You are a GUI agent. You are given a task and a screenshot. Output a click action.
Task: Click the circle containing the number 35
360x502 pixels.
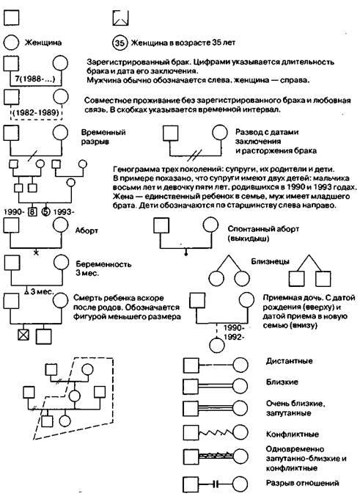(120, 43)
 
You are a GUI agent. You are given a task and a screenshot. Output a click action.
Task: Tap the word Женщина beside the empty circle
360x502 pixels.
(43, 43)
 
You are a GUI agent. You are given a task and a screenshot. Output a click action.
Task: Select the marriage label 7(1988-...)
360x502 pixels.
(35, 79)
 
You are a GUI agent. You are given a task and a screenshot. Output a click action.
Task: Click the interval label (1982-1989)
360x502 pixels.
(36, 112)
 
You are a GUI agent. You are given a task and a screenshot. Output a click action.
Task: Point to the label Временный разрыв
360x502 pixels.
(103, 137)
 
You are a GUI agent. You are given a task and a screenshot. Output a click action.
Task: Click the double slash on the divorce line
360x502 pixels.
(196, 156)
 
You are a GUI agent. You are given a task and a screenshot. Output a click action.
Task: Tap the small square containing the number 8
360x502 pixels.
(32, 211)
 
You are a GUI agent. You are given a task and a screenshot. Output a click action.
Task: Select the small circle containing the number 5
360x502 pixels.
(45, 211)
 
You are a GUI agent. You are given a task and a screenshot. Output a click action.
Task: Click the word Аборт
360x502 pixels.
(87, 230)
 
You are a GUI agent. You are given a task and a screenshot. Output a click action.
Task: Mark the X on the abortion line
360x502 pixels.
(36, 252)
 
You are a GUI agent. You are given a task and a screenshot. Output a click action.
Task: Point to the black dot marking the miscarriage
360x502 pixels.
(186, 254)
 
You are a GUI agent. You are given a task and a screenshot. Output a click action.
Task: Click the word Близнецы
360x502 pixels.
(270, 261)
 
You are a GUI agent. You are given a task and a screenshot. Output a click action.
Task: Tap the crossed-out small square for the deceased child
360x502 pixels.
(23, 335)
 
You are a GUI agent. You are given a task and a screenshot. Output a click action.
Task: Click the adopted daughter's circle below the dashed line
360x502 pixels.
(218, 345)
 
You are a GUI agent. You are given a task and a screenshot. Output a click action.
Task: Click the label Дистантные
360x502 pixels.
(289, 361)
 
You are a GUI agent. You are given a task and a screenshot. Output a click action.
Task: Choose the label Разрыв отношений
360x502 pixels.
(302, 483)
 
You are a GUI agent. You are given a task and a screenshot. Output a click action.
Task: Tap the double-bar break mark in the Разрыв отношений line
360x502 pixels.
(216, 484)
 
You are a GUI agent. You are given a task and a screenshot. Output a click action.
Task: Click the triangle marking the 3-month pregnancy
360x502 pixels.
(27, 291)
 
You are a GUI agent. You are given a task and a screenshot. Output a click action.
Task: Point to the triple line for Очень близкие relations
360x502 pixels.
(216, 409)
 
